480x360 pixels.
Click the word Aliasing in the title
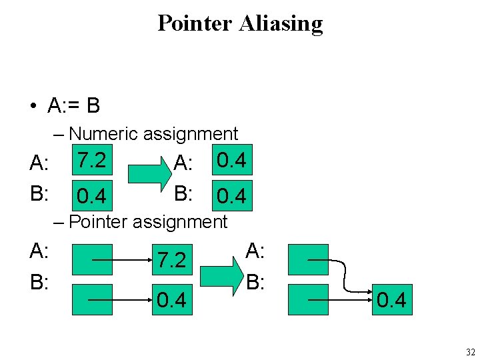(282, 24)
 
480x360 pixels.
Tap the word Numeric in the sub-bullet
(103, 133)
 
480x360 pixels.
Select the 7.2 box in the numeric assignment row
(90, 161)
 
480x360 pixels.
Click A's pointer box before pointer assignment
(90, 260)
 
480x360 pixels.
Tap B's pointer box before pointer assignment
(90, 301)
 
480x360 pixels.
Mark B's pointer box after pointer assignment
(309, 301)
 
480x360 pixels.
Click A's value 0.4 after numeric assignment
(231, 161)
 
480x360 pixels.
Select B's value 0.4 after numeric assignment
(231, 196)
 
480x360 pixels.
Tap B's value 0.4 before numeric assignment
(90, 196)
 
